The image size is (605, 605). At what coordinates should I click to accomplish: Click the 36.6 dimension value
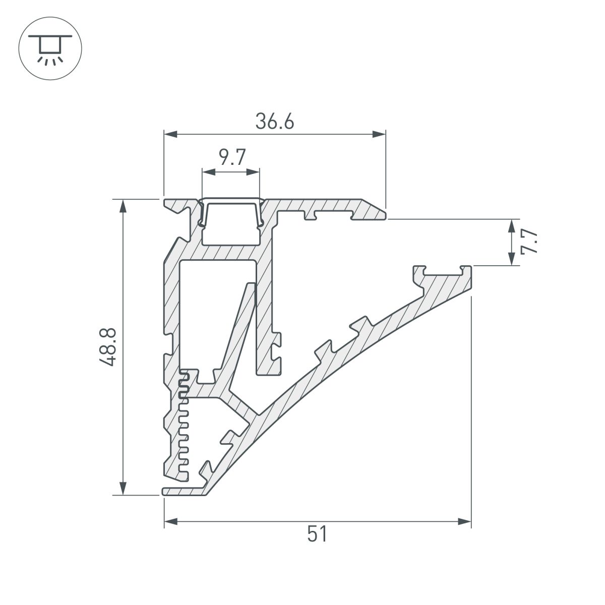coord(274,122)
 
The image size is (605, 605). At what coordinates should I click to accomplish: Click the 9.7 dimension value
coord(231,158)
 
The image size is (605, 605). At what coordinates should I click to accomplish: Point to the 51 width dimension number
coord(317,534)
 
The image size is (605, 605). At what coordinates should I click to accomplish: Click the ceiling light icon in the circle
coord(50,49)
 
